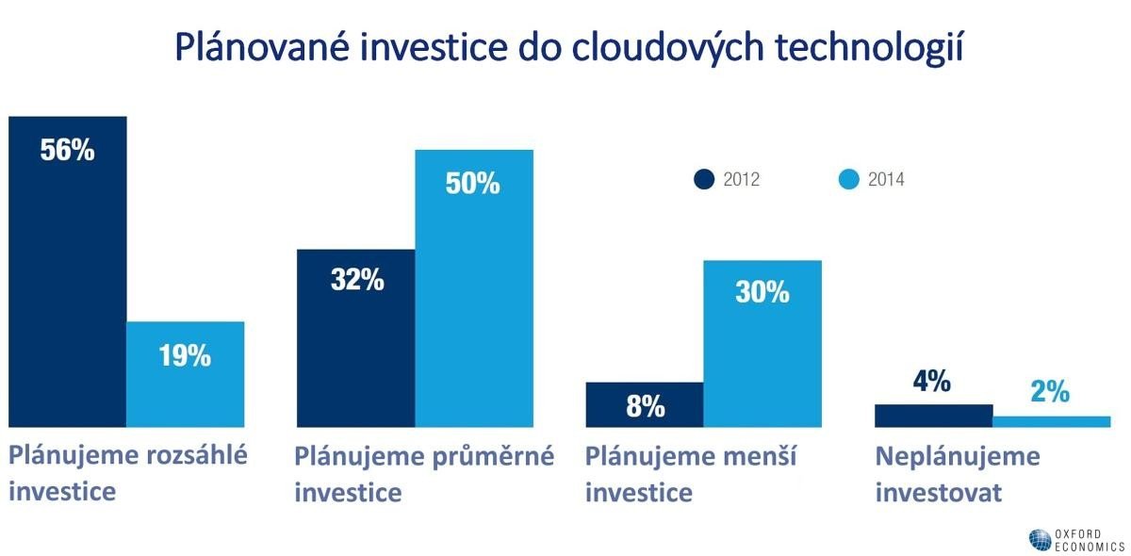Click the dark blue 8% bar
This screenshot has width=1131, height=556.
pyautogui.click(x=644, y=404)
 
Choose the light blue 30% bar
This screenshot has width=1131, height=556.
pyautogui.click(x=762, y=343)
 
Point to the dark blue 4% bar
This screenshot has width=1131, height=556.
pyautogui.click(x=933, y=416)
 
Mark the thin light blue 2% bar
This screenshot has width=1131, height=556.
pyautogui.click(x=1052, y=421)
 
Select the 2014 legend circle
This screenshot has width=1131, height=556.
pyautogui.click(x=848, y=179)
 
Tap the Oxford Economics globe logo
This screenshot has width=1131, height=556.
pyautogui.click(x=1040, y=539)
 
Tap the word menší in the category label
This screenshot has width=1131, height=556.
pyautogui.click(x=762, y=457)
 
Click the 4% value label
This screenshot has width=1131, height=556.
pyautogui.click(x=932, y=382)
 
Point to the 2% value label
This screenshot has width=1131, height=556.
pyautogui.click(x=1050, y=392)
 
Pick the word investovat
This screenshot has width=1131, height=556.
pyautogui.click(x=938, y=493)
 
